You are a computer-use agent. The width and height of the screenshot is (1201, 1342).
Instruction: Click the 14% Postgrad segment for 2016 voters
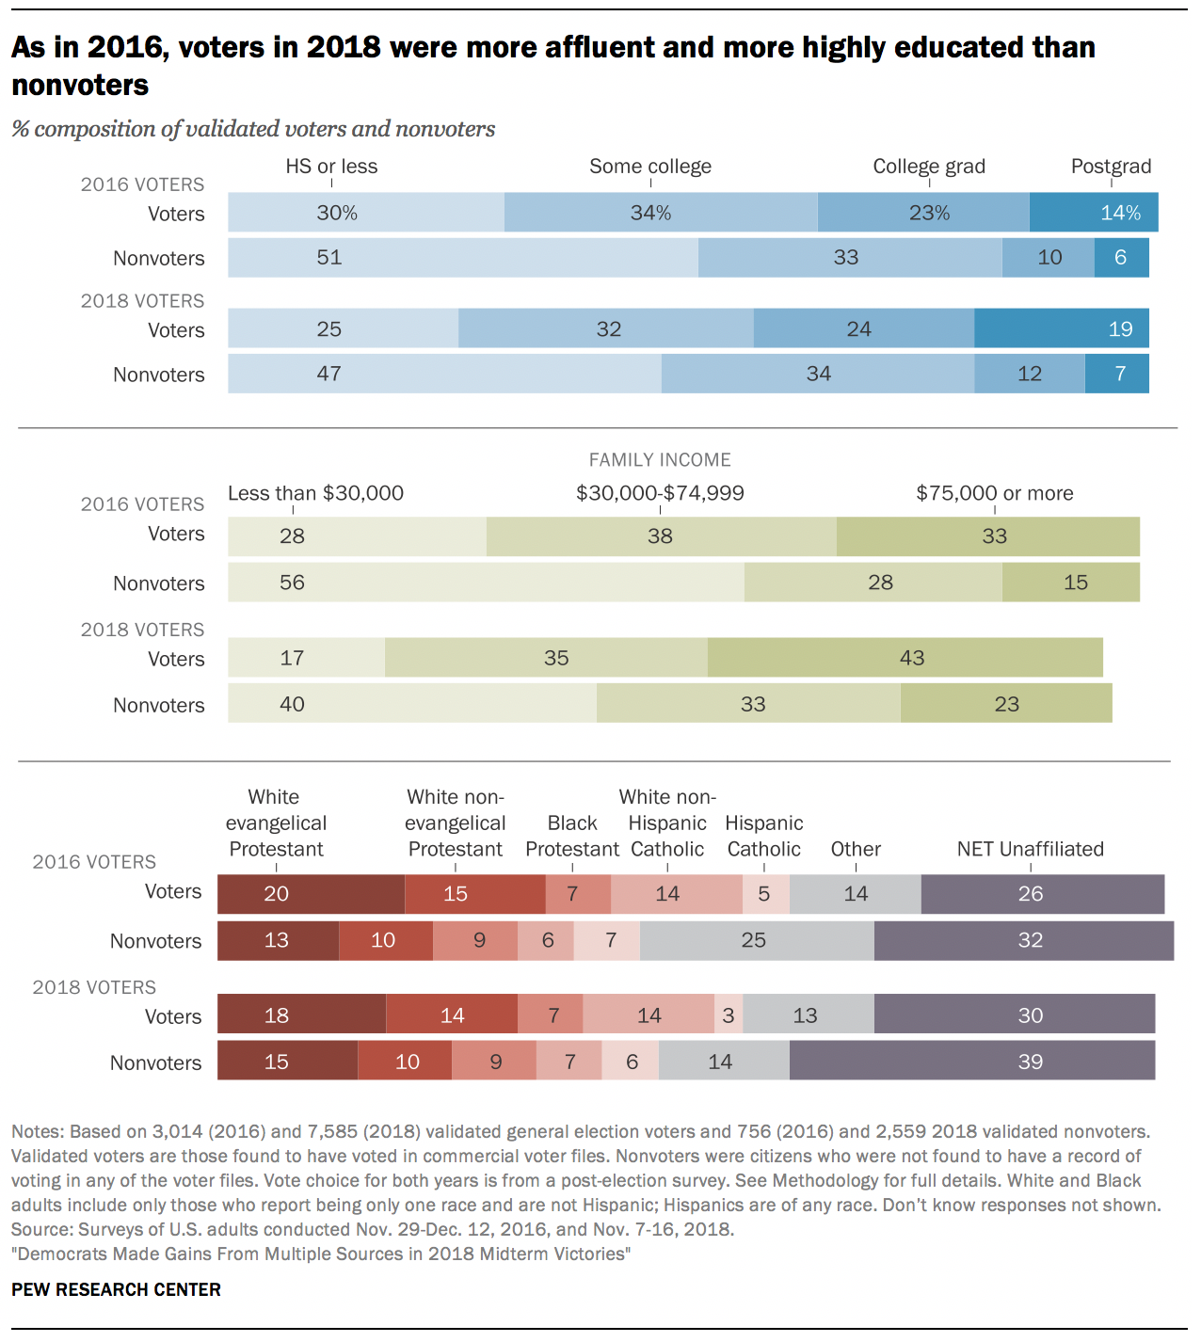[x=1094, y=213]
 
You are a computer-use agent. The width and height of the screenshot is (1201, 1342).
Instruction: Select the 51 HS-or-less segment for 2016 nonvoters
[x=462, y=258]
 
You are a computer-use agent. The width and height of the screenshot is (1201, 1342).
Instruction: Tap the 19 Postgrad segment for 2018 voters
[x=1061, y=329]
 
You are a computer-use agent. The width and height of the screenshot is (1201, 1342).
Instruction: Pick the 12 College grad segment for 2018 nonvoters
[x=1030, y=374]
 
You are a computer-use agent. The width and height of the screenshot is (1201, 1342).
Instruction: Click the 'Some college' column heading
[x=650, y=167]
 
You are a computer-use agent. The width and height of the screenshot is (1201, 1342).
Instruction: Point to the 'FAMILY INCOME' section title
[x=660, y=459]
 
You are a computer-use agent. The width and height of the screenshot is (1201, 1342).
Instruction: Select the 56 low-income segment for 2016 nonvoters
[x=486, y=583]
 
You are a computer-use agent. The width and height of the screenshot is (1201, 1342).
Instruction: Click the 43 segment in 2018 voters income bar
[x=905, y=658]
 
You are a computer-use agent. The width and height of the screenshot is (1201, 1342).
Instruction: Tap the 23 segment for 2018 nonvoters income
[x=1006, y=704]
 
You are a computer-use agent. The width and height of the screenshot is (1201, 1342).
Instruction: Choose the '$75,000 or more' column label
[x=995, y=493]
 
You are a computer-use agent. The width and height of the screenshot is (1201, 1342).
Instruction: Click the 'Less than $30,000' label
[x=315, y=493]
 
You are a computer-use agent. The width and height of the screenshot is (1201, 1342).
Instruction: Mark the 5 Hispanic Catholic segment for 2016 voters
[x=765, y=893]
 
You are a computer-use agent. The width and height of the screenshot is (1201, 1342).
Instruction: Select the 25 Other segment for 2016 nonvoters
[x=756, y=940]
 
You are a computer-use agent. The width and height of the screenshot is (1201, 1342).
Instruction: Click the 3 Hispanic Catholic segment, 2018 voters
[x=729, y=1015]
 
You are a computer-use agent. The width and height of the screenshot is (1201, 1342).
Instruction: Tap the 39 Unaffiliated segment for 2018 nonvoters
[x=972, y=1062]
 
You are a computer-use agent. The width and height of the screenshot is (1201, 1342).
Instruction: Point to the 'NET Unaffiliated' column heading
[x=1030, y=849]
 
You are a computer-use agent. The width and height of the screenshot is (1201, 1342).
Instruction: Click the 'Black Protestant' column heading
[x=572, y=836]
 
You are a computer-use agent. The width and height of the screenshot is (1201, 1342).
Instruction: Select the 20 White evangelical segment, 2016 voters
[x=311, y=893]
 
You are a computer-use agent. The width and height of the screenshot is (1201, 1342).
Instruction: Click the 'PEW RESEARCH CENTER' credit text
[x=116, y=1289]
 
